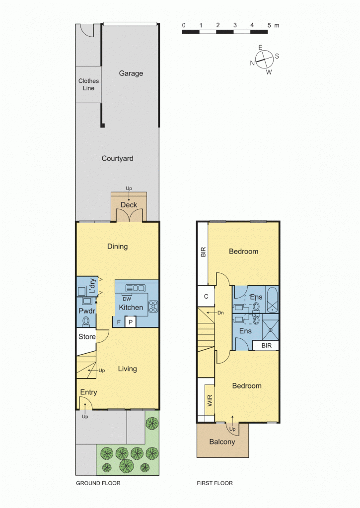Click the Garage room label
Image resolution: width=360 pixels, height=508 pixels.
click(x=131, y=73)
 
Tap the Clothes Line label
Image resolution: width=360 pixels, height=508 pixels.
click(x=88, y=84)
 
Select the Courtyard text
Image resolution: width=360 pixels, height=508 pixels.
click(x=117, y=159)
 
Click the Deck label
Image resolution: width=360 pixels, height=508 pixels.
click(x=129, y=205)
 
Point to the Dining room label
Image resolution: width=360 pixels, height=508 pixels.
click(x=117, y=247)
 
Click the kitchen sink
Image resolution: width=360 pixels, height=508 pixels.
click(x=135, y=288)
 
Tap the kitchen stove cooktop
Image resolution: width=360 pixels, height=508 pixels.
click(x=153, y=307)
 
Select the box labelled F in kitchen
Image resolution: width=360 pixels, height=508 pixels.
click(x=119, y=322)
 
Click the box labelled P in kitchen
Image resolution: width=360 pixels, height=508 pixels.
click(x=130, y=322)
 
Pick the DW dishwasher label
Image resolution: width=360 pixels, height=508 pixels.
click(x=127, y=299)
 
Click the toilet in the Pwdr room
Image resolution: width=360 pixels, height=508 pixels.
click(x=86, y=321)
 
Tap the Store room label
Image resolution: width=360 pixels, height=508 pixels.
click(x=86, y=337)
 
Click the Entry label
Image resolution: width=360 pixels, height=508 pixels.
click(x=88, y=392)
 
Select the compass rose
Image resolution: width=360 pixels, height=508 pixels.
click(x=263, y=60)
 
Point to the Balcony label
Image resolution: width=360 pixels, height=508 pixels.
click(x=222, y=442)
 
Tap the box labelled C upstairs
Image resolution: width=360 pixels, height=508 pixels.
click(x=206, y=297)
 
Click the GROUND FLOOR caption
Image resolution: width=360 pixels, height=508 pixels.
click(x=98, y=483)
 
